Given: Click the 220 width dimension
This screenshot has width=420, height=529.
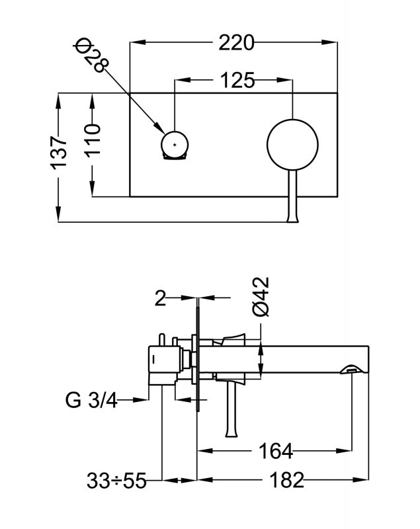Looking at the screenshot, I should click(235, 44).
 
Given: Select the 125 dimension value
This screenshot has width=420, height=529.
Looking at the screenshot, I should click(235, 81).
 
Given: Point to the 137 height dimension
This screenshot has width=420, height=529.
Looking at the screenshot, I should click(60, 151).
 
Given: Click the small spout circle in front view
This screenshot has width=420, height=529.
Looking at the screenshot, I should click(175, 143).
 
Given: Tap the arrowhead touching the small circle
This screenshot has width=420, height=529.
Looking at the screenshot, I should click(159, 128).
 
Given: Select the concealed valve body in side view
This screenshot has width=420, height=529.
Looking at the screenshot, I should click(165, 361).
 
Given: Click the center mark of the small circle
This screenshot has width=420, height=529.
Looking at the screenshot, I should click(175, 143).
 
